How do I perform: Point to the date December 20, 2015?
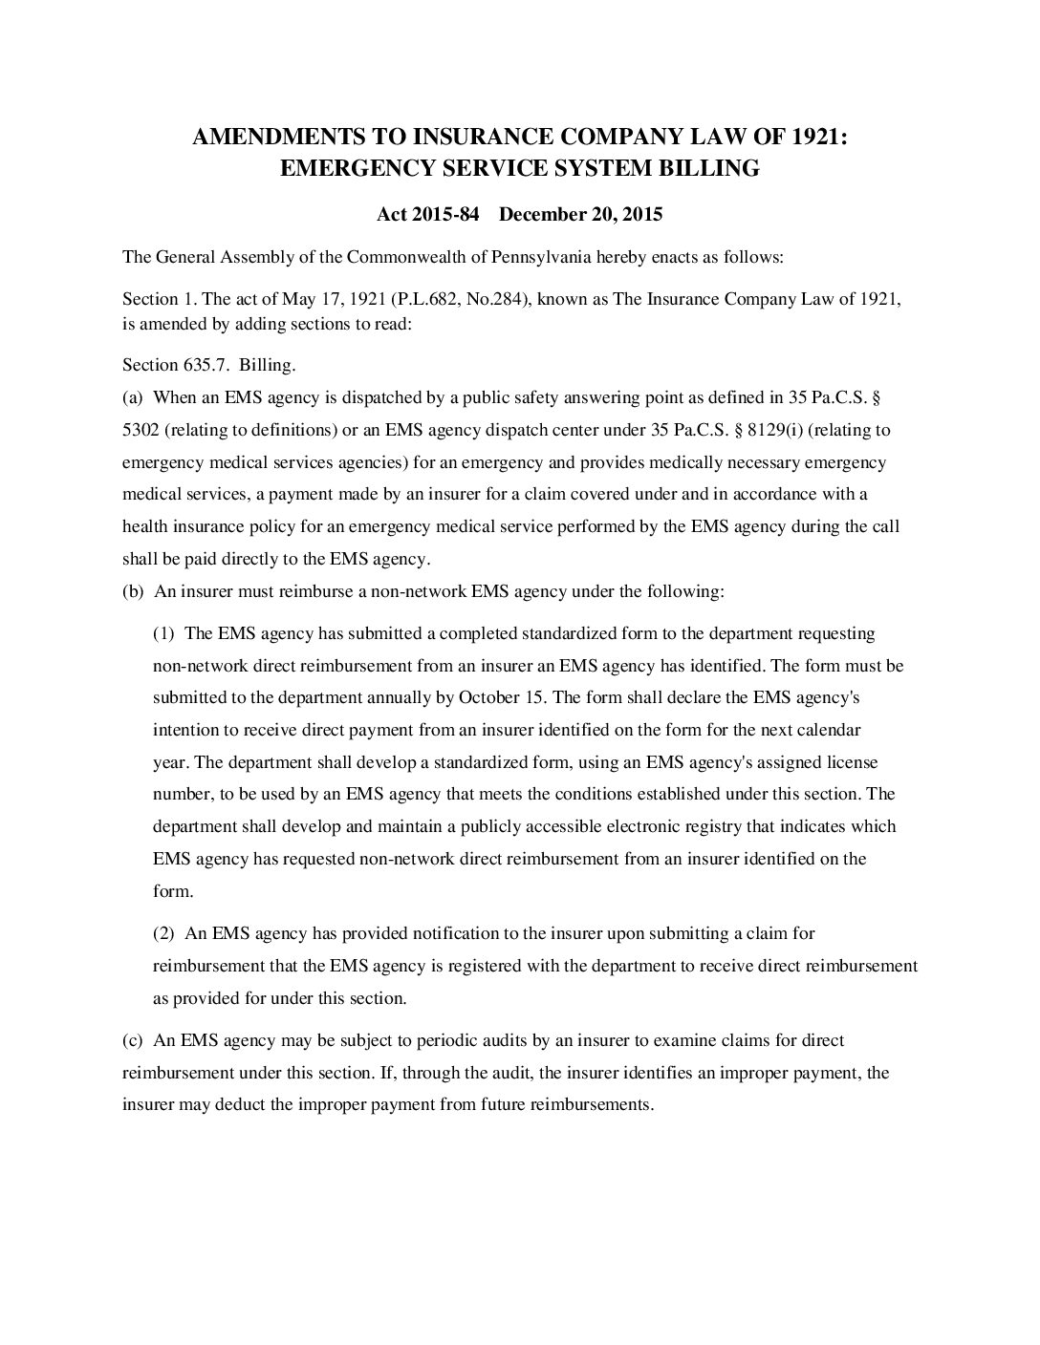point(580,214)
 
